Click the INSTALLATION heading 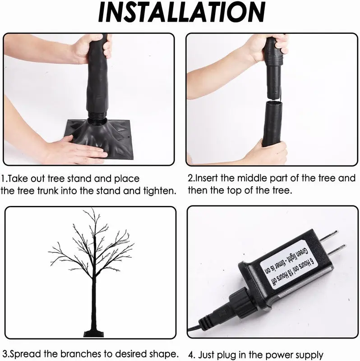[x=182, y=12]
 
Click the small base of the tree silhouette [x=94, y=334]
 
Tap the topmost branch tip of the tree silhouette [x=92, y=209]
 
